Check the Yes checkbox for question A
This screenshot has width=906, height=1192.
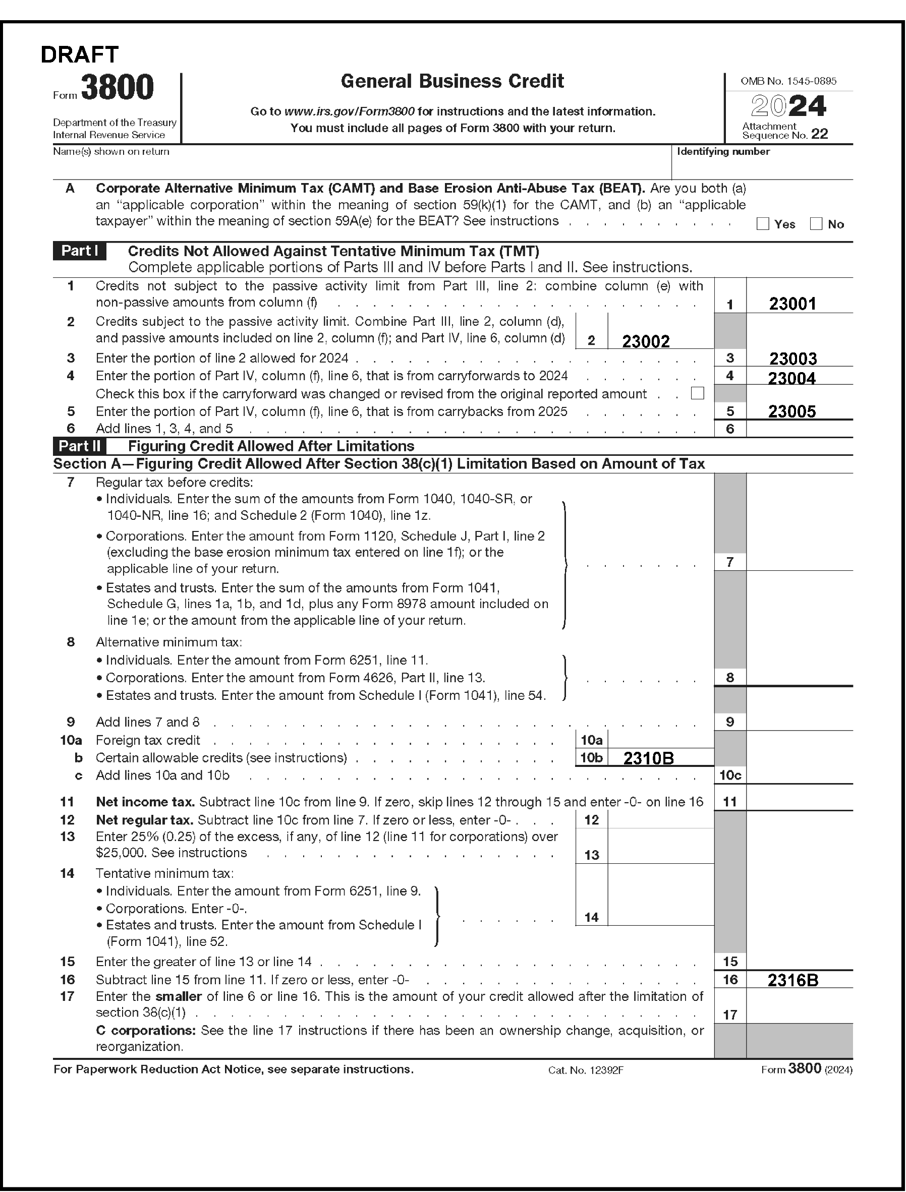point(763,224)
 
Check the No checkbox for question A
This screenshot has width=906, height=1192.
point(816,224)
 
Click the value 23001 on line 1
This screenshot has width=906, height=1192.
point(792,304)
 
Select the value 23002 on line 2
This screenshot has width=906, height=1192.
point(646,341)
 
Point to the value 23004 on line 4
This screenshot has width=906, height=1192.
point(791,378)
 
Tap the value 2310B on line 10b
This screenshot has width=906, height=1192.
point(648,758)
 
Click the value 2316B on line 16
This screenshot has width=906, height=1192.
point(792,980)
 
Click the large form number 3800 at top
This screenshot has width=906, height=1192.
point(118,87)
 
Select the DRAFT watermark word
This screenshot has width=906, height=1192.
point(80,54)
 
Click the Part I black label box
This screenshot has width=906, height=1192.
point(79,251)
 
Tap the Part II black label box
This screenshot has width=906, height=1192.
point(79,446)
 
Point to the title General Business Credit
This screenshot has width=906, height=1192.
point(452,81)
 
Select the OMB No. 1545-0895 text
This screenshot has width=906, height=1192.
point(788,81)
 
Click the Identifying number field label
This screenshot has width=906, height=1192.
point(723,151)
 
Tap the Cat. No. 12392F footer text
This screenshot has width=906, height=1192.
point(585,1070)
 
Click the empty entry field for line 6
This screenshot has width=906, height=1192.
point(799,429)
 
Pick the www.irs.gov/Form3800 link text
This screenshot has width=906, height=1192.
point(349,111)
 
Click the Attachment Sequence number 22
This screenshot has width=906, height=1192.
point(819,134)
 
